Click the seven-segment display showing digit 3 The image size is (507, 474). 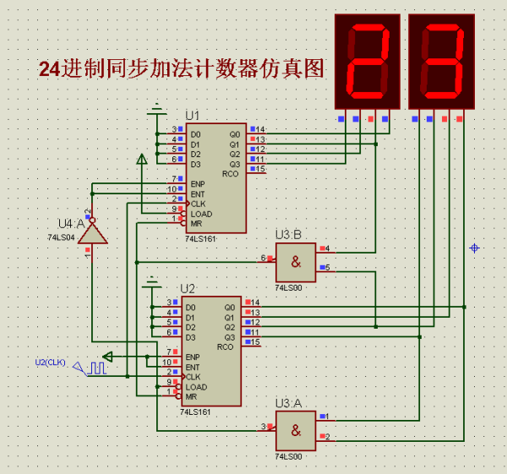point(442,61)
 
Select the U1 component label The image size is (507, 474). point(193,115)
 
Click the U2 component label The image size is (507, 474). point(188,289)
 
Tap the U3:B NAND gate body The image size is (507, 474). point(296,262)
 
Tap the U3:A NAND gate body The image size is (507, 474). point(296,430)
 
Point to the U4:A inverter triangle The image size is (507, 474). point(95,232)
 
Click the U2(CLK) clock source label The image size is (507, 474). point(50,362)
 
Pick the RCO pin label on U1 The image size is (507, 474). point(231,174)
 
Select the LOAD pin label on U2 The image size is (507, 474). point(196,387)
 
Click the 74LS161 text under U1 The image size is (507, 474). point(201,239)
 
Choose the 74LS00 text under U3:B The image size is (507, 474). point(289,288)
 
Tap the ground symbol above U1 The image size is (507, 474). point(156,109)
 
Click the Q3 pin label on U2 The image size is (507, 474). point(229,337)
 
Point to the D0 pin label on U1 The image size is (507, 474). point(195,134)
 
